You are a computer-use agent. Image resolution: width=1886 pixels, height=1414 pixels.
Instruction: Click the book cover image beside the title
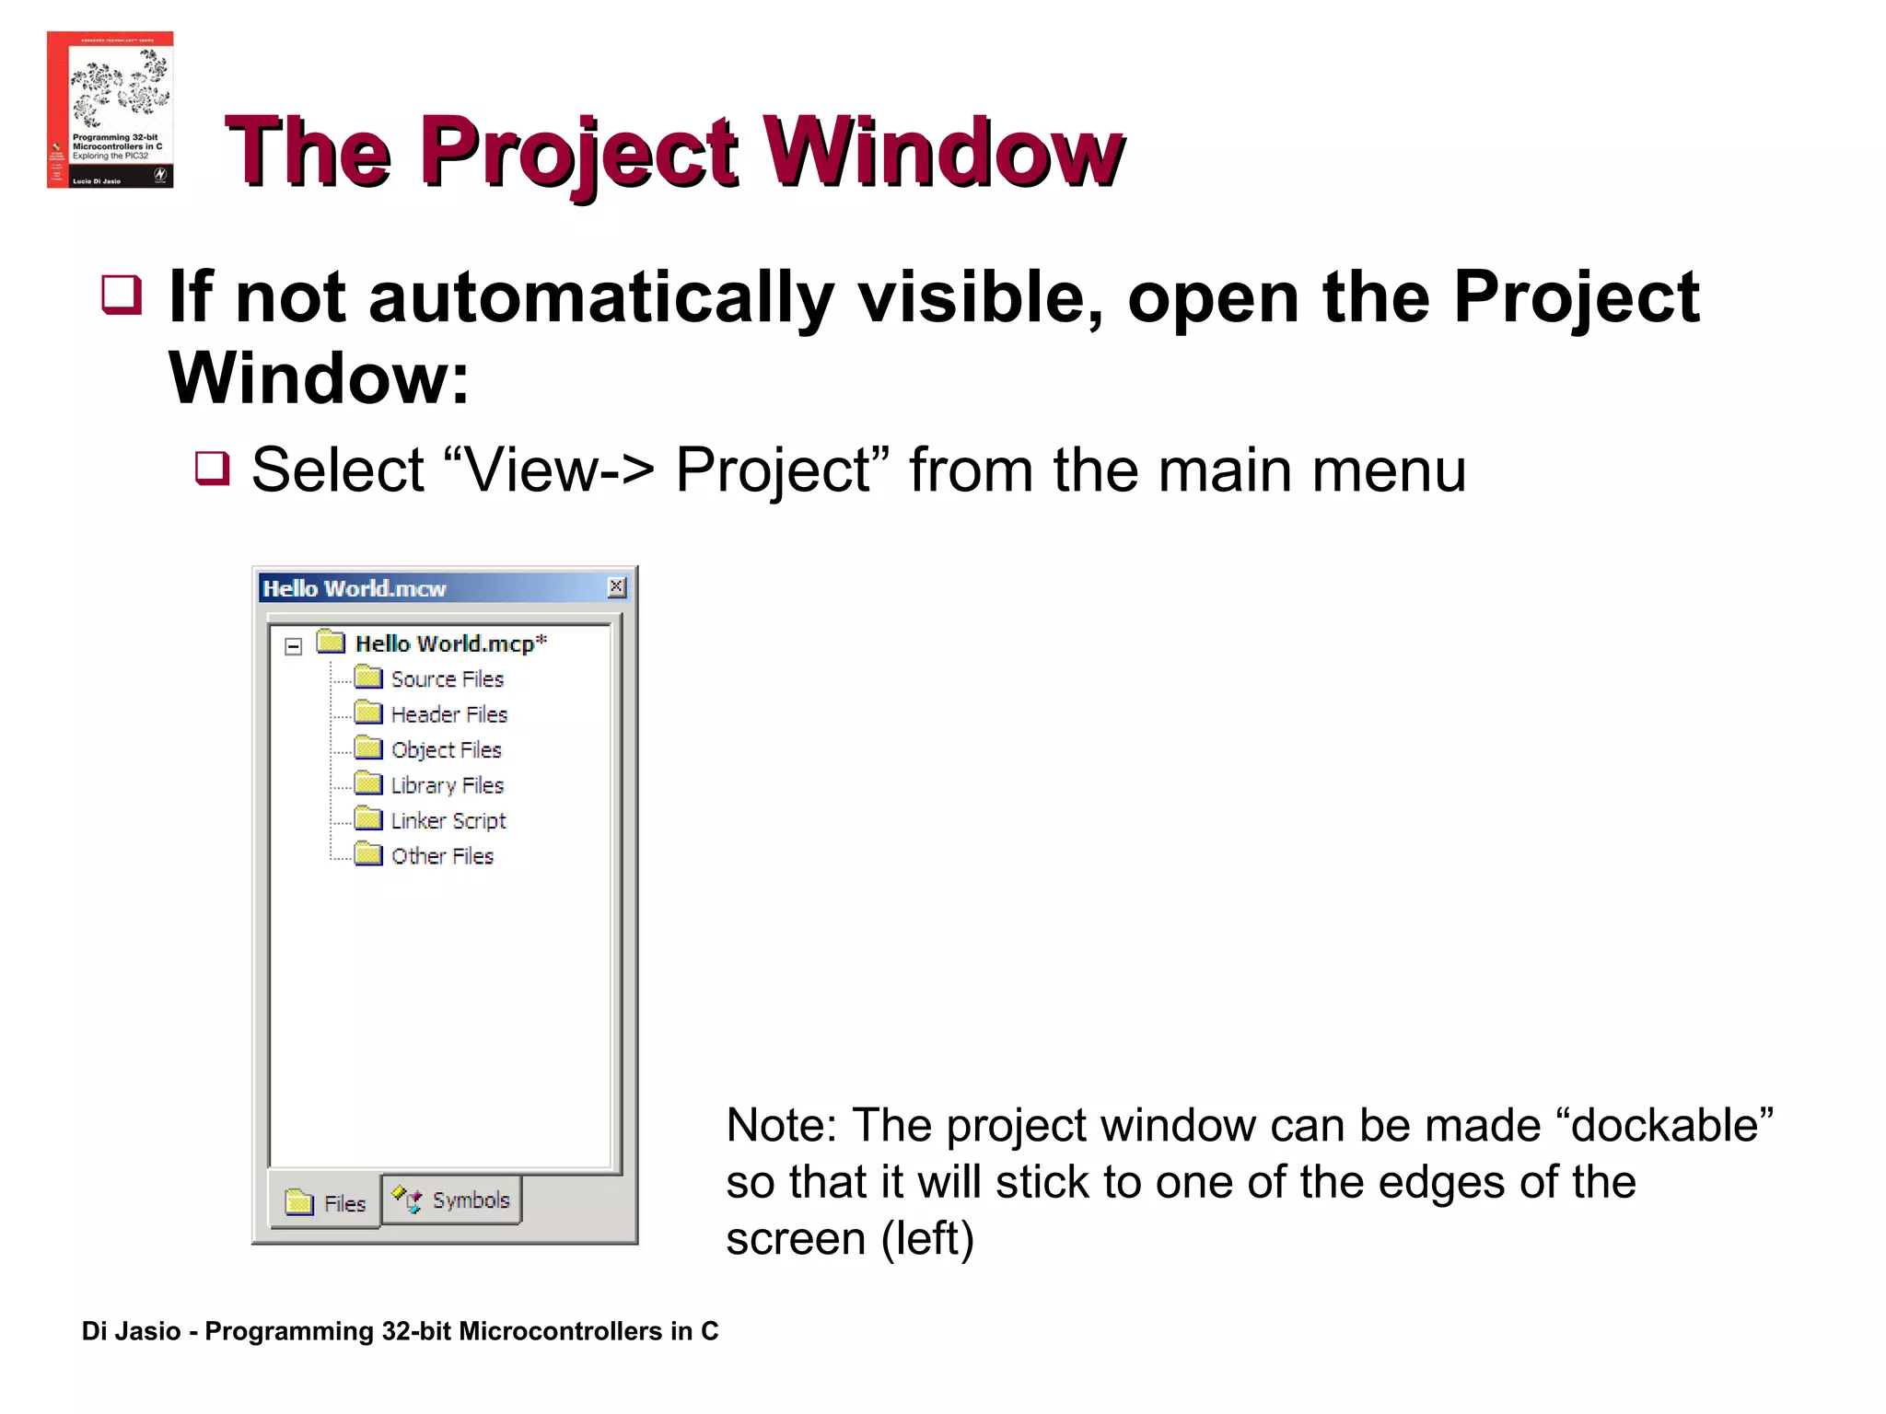pyautogui.click(x=110, y=110)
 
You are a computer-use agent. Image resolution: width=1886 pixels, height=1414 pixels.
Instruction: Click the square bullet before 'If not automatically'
pyautogui.click(x=122, y=295)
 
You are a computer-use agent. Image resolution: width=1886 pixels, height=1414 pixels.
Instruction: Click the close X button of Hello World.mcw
pyautogui.click(x=617, y=587)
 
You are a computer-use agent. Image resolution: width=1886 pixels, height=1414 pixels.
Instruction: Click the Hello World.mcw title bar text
pyautogui.click(x=355, y=589)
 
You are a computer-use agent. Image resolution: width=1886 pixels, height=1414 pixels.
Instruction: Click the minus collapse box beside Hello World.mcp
pyautogui.click(x=294, y=646)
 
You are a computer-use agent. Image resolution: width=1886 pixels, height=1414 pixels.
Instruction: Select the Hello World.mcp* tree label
pyautogui.click(x=450, y=643)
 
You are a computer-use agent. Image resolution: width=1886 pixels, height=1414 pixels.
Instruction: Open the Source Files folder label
pyautogui.click(x=448, y=679)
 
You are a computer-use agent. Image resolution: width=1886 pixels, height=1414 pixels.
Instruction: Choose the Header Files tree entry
pyautogui.click(x=449, y=714)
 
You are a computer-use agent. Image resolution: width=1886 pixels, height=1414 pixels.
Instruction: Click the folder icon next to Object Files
pyautogui.click(x=368, y=748)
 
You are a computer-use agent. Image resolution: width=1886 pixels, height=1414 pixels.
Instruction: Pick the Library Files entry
pyautogui.click(x=448, y=785)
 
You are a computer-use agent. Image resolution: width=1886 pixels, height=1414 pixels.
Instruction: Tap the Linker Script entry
pyautogui.click(x=448, y=820)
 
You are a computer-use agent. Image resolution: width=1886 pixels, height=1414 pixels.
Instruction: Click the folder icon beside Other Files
pyautogui.click(x=368, y=854)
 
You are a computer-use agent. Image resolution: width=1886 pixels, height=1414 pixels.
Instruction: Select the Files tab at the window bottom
pyautogui.click(x=326, y=1203)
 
